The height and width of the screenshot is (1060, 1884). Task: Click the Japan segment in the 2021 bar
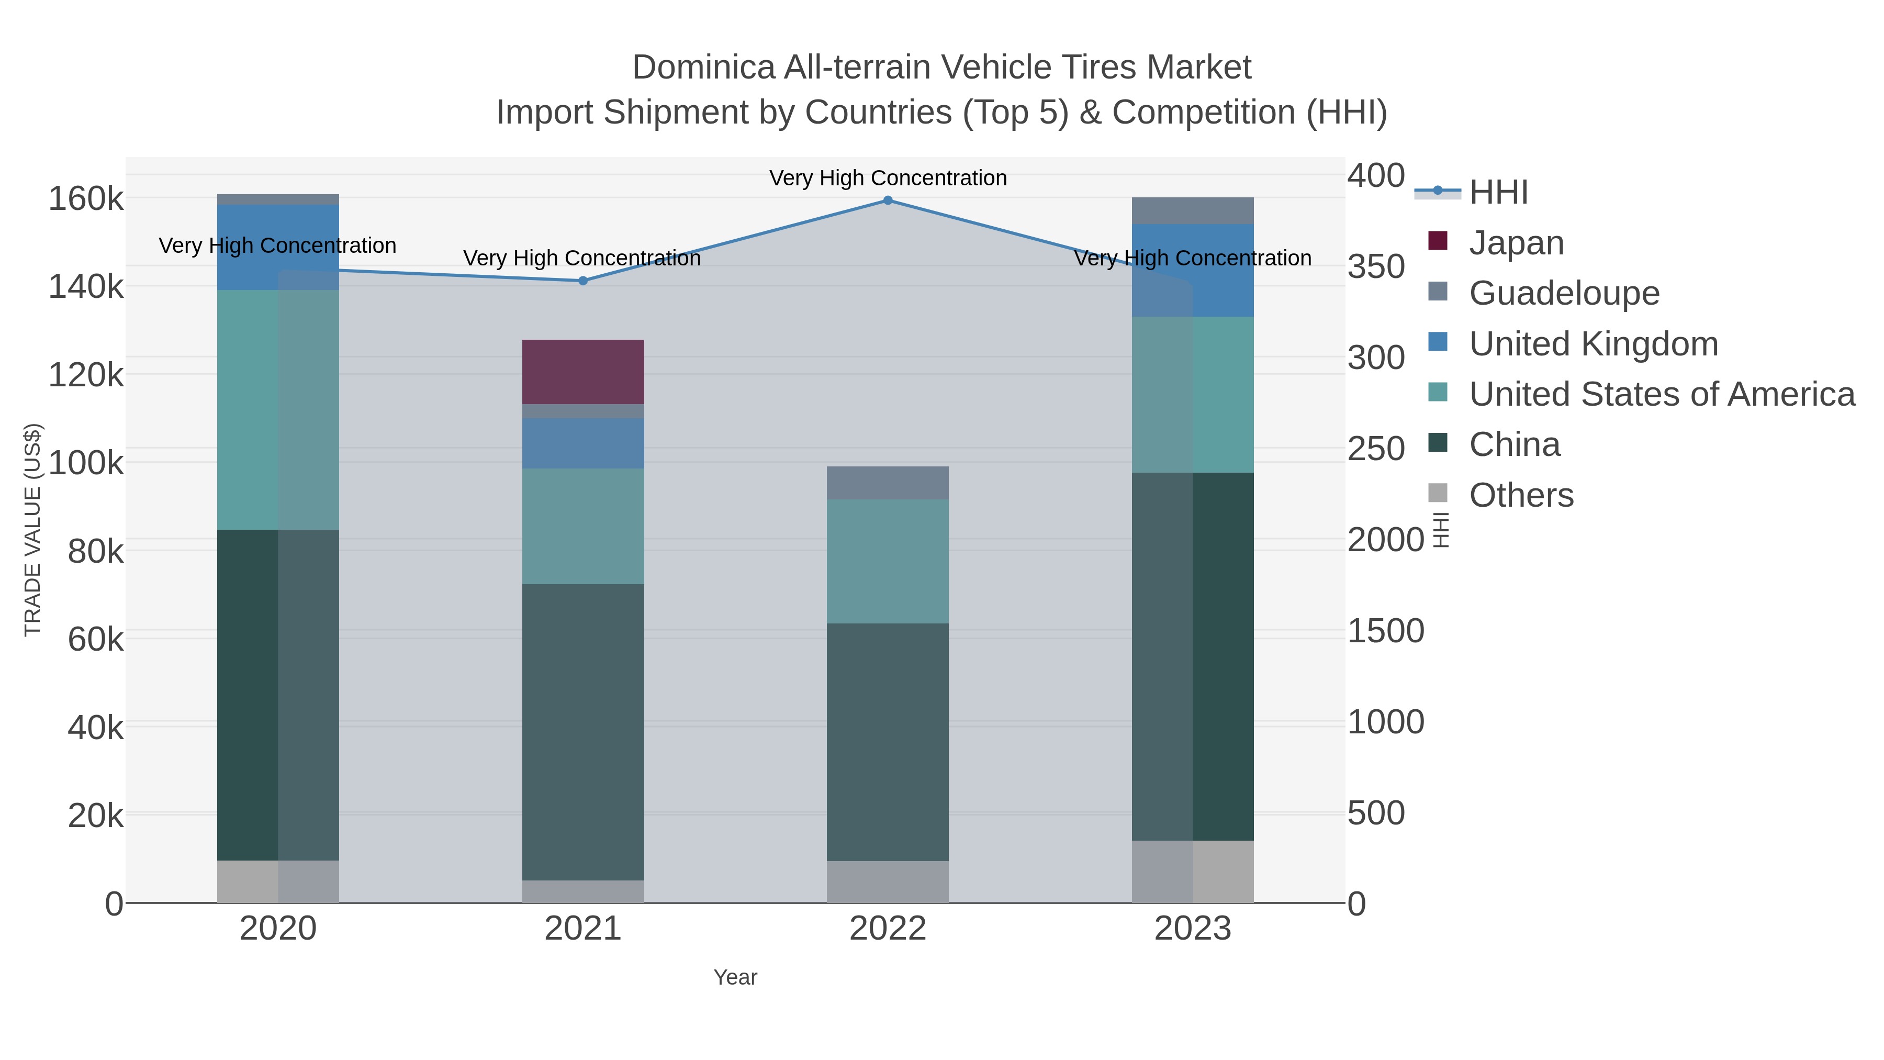[583, 372]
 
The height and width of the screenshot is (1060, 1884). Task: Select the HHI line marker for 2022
[888, 200]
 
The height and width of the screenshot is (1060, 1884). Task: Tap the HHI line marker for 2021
[583, 281]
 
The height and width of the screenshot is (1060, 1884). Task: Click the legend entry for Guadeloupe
[1564, 293]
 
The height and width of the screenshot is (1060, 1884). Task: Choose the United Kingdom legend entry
[1593, 344]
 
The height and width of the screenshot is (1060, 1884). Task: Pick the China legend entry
[1514, 445]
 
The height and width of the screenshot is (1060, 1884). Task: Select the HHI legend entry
[1498, 193]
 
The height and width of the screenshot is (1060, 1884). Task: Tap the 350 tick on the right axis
[1376, 266]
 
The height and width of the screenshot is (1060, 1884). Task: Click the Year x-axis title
[735, 977]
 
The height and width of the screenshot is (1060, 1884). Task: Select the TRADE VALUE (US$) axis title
[33, 530]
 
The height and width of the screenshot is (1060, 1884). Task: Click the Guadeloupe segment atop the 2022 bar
[888, 483]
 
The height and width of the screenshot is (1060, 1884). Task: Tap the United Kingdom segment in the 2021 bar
[583, 443]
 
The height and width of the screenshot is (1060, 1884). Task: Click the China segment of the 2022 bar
[888, 742]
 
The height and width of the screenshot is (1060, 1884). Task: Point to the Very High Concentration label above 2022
[888, 178]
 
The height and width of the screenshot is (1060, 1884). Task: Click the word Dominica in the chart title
[702, 68]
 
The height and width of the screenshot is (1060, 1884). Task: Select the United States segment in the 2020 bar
[278, 410]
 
